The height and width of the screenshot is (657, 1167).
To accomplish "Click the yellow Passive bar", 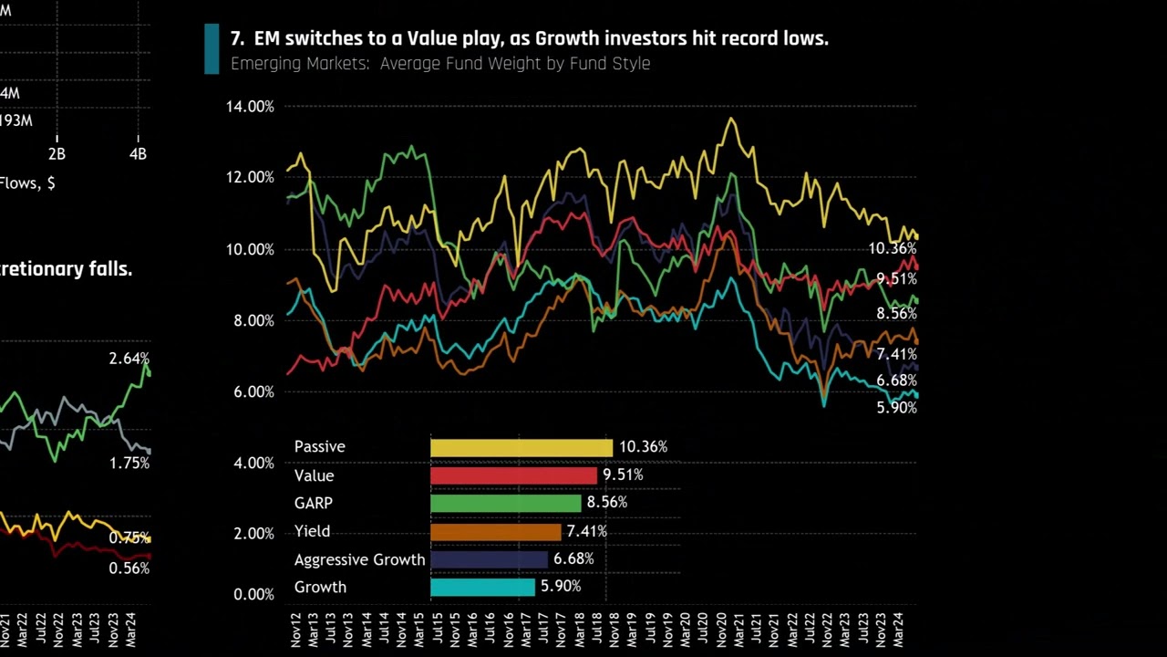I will click(x=521, y=447).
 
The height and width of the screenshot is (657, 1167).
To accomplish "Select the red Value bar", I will click(x=513, y=475).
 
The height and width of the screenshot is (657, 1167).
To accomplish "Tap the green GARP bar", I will click(x=505, y=503).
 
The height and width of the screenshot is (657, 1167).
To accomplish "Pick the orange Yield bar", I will click(x=495, y=531).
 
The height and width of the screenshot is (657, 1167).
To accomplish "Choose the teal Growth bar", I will click(x=482, y=587).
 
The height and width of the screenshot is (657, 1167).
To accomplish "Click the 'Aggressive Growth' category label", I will click(x=359, y=559).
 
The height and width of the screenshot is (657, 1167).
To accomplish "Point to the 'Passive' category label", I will click(x=319, y=446).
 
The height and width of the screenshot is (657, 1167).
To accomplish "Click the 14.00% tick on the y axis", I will click(x=250, y=107).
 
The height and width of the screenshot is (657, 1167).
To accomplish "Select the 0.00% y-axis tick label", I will click(x=253, y=594).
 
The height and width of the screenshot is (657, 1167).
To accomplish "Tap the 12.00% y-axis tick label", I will click(x=250, y=177).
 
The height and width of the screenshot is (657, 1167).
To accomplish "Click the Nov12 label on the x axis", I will click(x=296, y=631).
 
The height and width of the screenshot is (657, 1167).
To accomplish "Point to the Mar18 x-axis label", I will click(x=581, y=631).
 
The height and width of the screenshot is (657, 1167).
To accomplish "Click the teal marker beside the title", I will click(x=212, y=48).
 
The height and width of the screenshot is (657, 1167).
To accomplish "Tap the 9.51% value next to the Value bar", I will click(x=623, y=474).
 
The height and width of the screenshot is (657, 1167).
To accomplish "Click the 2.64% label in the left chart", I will click(x=129, y=359).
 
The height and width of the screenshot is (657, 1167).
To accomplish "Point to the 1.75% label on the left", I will click(x=129, y=463).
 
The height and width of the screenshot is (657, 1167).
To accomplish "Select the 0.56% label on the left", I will click(x=129, y=568).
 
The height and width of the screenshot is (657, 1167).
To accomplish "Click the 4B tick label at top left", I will click(x=138, y=154).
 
